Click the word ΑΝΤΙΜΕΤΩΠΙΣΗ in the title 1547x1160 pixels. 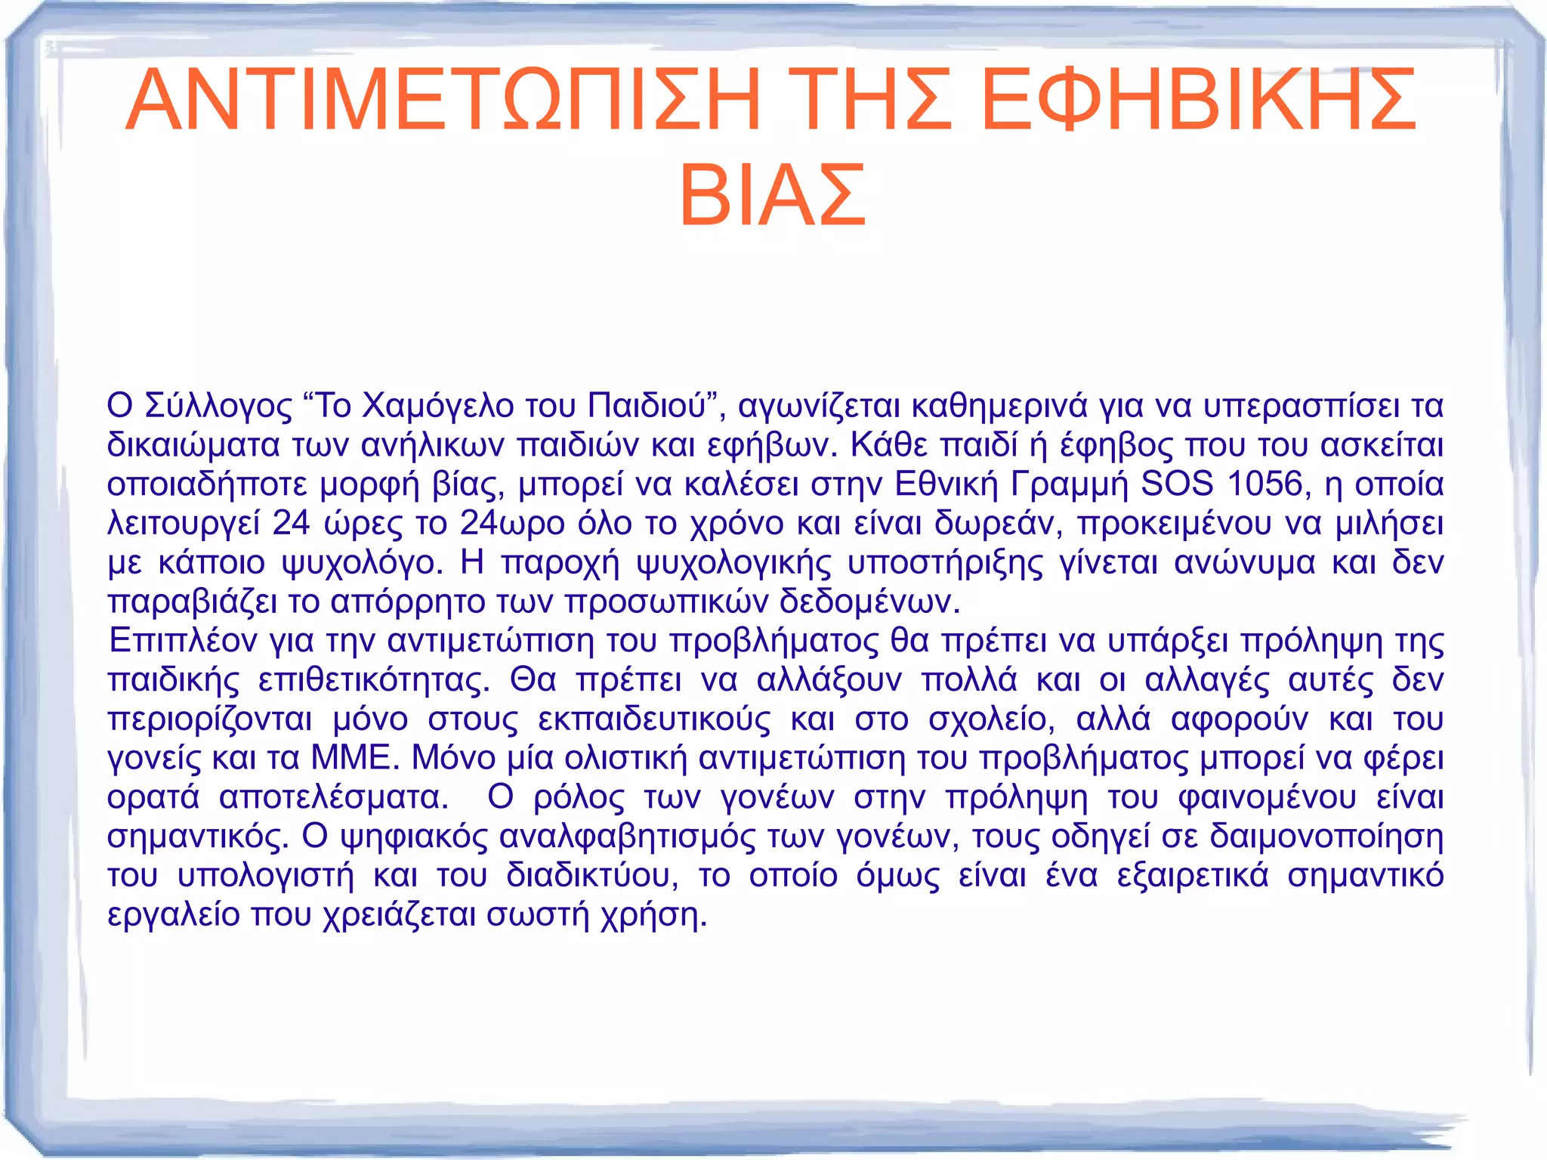coord(443,101)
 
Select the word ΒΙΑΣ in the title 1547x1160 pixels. coord(772,196)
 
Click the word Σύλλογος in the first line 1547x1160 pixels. coord(218,407)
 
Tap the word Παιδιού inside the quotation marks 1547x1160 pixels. coord(647,407)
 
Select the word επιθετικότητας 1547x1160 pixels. coord(374,680)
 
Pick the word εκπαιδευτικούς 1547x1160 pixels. coord(654,719)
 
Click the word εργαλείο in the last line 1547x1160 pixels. coord(173,915)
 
